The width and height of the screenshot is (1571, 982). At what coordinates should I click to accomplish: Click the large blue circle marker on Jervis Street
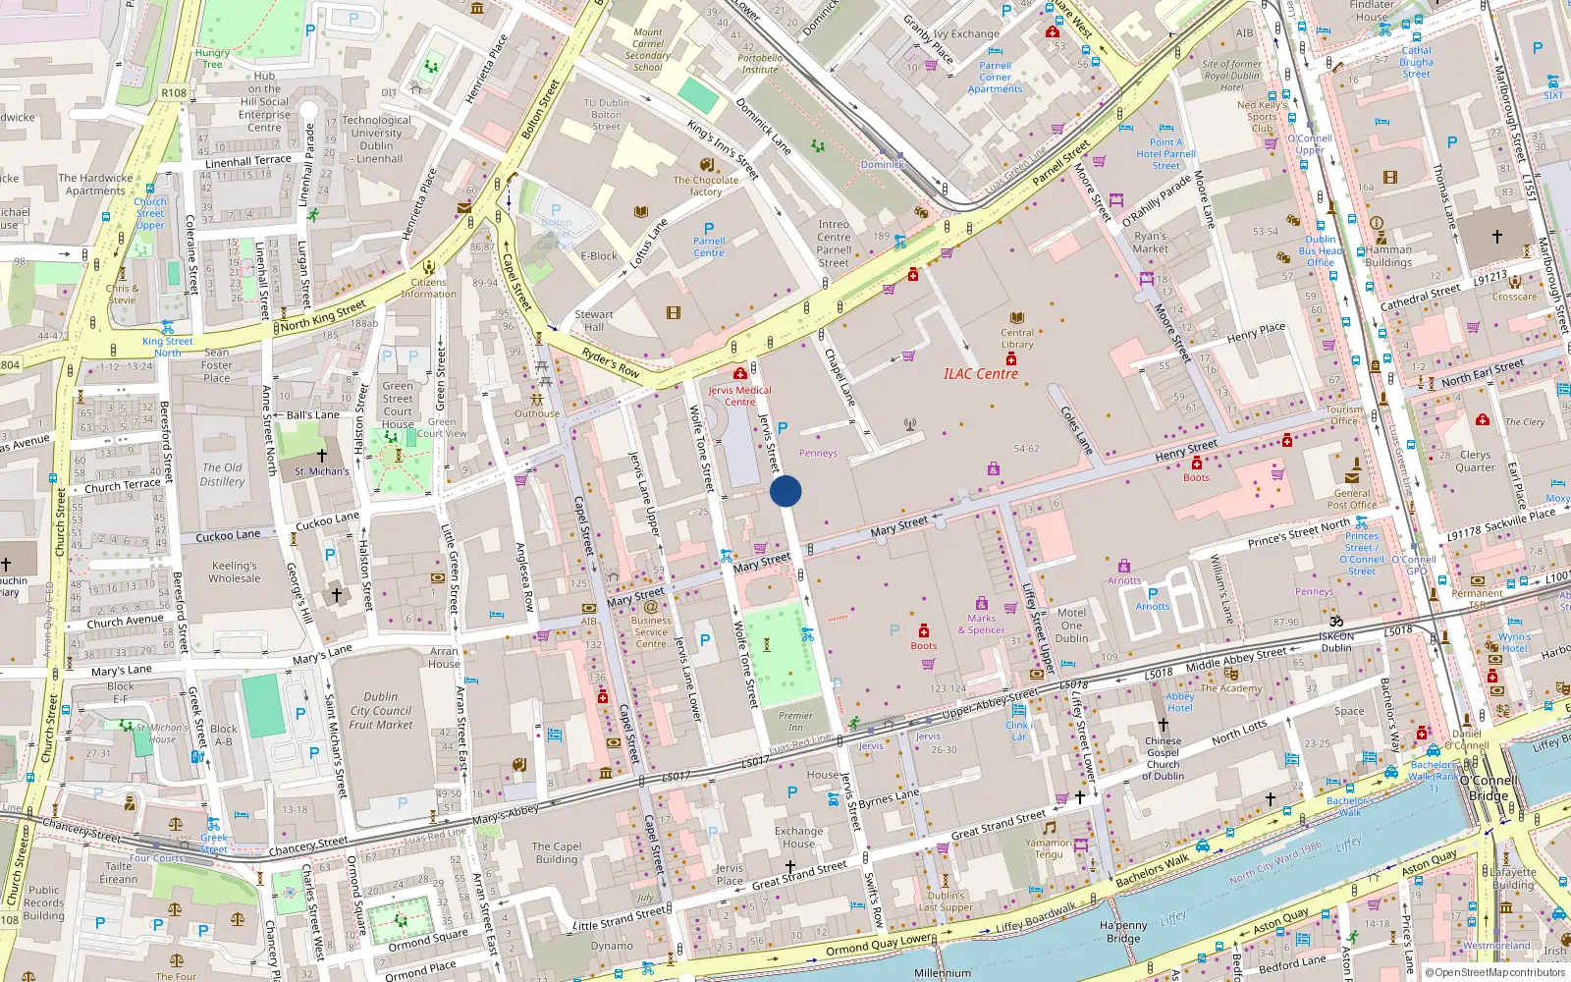click(785, 491)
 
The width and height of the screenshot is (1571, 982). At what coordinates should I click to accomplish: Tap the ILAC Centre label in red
click(980, 374)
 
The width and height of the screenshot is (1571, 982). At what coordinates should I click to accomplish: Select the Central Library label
click(1017, 339)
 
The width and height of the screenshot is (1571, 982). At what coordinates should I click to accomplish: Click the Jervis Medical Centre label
click(739, 396)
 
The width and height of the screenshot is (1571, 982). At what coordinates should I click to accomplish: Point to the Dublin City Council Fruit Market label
click(381, 711)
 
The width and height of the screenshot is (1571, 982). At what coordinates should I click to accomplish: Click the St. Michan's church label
click(321, 471)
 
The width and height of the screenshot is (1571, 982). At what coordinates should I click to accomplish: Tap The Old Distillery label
click(223, 474)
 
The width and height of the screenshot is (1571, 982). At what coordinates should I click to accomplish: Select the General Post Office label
click(1351, 499)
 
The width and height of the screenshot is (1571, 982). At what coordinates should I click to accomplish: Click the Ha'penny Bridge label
click(1123, 932)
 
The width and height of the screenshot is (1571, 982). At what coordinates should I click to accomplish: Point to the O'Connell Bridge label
click(1489, 789)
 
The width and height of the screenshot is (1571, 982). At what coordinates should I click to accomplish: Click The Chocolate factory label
click(705, 186)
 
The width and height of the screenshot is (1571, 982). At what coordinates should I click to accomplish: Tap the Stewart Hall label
click(594, 321)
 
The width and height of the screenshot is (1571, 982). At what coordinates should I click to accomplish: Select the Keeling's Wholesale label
click(235, 573)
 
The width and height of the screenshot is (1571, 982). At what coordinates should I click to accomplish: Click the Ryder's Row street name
click(611, 363)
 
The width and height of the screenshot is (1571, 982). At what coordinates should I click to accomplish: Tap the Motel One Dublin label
click(1071, 625)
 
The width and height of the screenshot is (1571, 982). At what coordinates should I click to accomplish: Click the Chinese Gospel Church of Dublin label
click(1163, 758)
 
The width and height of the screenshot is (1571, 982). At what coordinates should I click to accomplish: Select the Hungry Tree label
click(212, 59)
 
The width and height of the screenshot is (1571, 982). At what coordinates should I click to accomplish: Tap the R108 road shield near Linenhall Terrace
click(174, 93)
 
